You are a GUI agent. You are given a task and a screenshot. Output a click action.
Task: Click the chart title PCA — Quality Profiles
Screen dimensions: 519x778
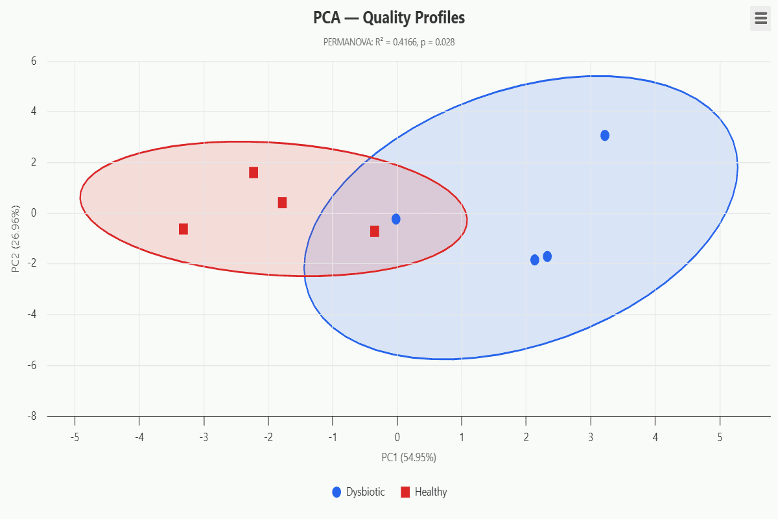389,18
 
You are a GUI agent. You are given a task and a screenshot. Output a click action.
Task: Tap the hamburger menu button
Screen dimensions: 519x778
760,18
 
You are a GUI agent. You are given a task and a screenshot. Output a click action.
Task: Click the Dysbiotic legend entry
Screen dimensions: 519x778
359,492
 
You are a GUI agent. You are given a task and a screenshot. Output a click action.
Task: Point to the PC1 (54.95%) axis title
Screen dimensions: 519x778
408,457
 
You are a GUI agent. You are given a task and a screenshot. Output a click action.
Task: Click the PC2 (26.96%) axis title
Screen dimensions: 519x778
16,239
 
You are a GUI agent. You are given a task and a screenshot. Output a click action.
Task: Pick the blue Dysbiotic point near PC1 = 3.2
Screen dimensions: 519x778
605,136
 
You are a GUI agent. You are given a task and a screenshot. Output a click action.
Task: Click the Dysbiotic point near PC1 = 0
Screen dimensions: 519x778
396,219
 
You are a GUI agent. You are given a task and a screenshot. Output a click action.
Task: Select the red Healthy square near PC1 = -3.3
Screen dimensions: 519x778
183,229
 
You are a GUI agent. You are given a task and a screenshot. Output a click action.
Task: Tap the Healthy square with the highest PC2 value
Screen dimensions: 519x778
253,173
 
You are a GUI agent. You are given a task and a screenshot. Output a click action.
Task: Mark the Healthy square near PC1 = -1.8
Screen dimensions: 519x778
282,203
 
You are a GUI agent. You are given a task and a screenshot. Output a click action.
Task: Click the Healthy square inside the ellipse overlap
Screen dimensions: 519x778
375,232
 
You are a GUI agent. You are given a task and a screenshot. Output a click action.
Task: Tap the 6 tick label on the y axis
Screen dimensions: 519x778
33,62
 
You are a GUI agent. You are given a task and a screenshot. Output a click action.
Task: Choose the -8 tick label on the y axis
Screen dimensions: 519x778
32,416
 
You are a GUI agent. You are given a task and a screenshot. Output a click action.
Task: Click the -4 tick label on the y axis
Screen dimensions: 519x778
32,315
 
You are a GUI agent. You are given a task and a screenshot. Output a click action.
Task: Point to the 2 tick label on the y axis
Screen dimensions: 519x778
33,163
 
